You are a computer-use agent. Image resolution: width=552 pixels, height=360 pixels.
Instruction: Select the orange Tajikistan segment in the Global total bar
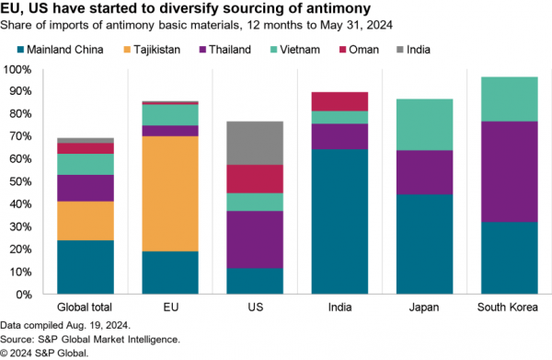(x=86, y=221)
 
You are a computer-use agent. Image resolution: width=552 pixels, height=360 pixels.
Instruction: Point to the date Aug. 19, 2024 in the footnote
(x=98, y=326)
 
